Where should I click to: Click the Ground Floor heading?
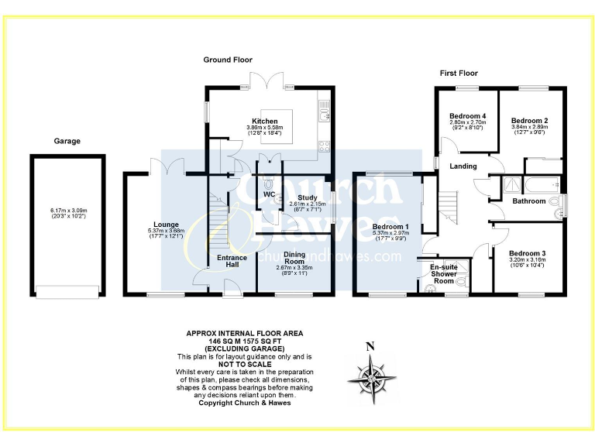[228, 60]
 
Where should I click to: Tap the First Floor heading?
[458, 73]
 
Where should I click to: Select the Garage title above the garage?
[67, 141]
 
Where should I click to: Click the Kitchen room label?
[264, 122]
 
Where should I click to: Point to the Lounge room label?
[166, 225]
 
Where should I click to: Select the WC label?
[269, 194]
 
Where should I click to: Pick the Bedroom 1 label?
[390, 226]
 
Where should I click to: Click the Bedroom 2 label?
[529, 121]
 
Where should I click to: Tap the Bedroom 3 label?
[527, 253]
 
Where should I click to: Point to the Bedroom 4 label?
[468, 116]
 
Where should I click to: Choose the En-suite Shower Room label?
[443, 274]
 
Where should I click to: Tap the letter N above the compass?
[370, 346]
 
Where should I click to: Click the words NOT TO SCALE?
[244, 364]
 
